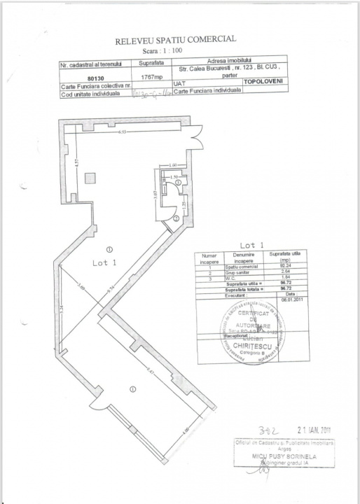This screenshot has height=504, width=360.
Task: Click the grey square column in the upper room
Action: (x=90, y=178)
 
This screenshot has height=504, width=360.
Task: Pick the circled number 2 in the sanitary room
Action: (x=176, y=218)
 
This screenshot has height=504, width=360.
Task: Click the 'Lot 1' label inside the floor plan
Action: (x=103, y=262)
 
